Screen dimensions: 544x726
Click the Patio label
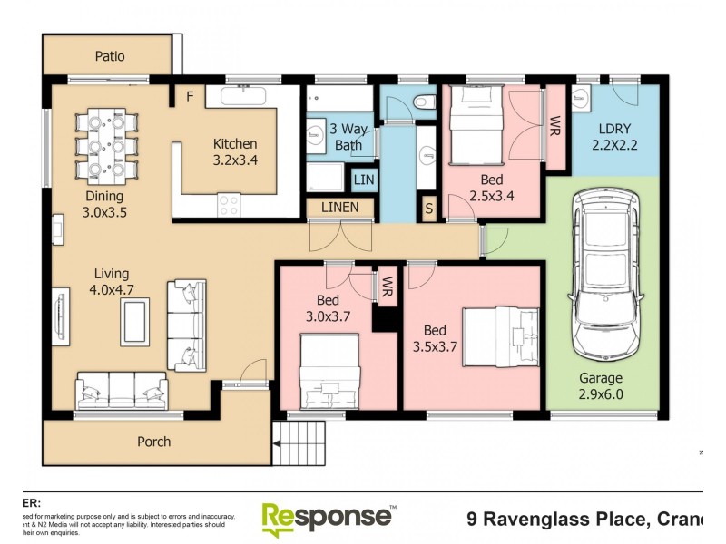[110, 56]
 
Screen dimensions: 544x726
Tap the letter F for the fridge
[190, 97]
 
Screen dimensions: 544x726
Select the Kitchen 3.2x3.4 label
[235, 151]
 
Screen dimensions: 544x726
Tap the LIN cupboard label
[363, 180]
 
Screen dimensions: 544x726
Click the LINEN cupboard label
[339, 208]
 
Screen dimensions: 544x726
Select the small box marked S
[429, 209]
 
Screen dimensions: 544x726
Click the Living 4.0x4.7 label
[107, 281]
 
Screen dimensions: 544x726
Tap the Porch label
[153, 442]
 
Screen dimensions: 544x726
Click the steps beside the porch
[299, 443]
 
